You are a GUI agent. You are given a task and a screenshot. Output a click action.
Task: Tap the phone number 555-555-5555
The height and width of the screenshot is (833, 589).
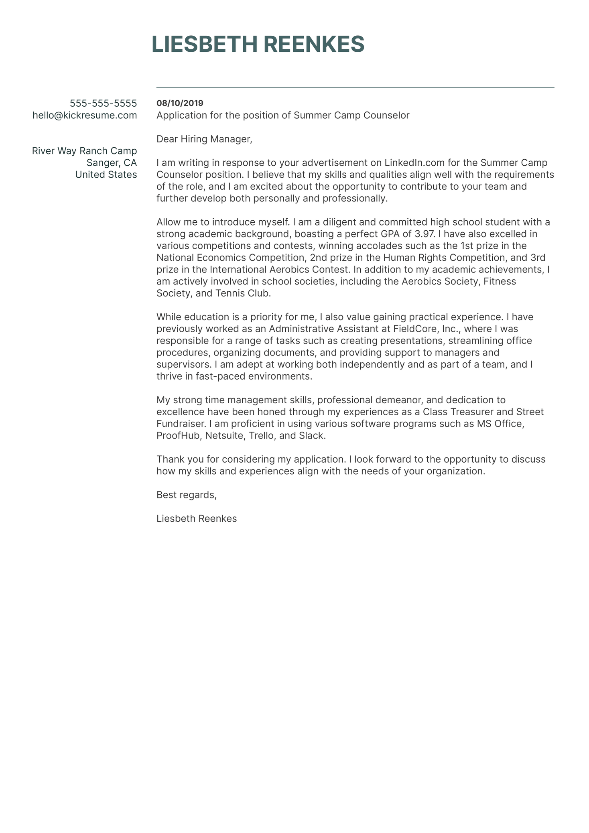pos(104,104)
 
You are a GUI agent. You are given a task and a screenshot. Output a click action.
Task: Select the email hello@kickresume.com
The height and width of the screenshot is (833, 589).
pos(85,116)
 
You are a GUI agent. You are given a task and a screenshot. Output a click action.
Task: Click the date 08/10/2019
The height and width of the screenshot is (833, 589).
pos(180,104)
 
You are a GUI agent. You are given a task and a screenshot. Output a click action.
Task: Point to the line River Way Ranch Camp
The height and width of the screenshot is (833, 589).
pos(84,151)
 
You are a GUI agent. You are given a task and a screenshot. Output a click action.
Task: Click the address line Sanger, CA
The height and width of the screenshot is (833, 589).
pos(112,163)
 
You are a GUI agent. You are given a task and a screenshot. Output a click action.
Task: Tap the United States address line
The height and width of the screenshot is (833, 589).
pos(106,175)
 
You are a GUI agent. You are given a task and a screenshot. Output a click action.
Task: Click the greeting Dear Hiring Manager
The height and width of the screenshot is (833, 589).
pos(204,139)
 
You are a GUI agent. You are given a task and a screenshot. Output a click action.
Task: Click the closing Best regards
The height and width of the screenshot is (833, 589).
pos(187,495)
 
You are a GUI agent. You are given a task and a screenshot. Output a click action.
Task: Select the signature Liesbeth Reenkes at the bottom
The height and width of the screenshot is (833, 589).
pos(197,519)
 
